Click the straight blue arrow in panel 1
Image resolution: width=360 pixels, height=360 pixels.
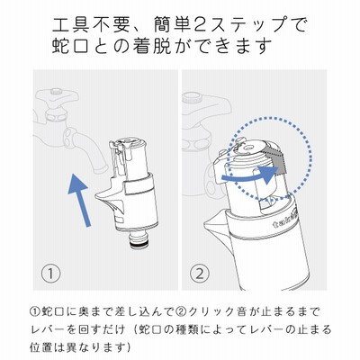coord(79,201)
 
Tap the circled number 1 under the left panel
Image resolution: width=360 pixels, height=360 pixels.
coord(50,274)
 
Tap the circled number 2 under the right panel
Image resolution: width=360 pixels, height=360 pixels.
coord(200,274)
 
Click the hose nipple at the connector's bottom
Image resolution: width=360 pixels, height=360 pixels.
coord(139,240)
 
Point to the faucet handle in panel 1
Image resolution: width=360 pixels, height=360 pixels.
coord(57,97)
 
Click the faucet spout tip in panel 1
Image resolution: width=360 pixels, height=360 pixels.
coord(102,168)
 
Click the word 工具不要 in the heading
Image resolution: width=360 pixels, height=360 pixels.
coord(91,24)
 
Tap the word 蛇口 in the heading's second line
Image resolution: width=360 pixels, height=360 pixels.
coord(71,47)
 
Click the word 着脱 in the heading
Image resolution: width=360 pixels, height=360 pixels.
coord(152,47)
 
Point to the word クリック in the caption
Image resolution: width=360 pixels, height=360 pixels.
coord(210,312)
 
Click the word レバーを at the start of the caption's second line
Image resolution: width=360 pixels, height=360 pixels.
coord(51,330)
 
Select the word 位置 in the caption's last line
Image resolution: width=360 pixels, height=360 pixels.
coord(40,347)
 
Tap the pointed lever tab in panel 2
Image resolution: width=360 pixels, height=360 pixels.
coord(214,221)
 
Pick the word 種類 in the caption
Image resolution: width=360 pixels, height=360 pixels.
coord(192,330)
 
